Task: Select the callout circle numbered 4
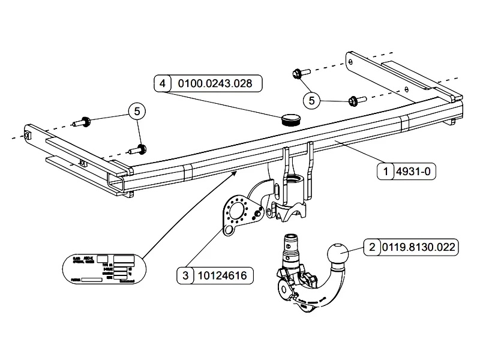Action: pyautogui.click(x=162, y=83)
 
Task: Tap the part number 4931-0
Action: pyautogui.click(x=414, y=172)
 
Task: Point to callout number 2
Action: pyautogui.click(x=372, y=247)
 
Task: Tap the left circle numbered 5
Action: pyautogui.click(x=137, y=111)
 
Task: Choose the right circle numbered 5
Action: pyautogui.click(x=312, y=100)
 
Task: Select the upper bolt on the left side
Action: pyautogui.click(x=83, y=123)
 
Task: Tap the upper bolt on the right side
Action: pyautogui.click(x=298, y=73)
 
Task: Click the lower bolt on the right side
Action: pyautogui.click(x=354, y=100)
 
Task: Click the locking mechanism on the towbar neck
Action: pyautogui.click(x=290, y=281)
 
